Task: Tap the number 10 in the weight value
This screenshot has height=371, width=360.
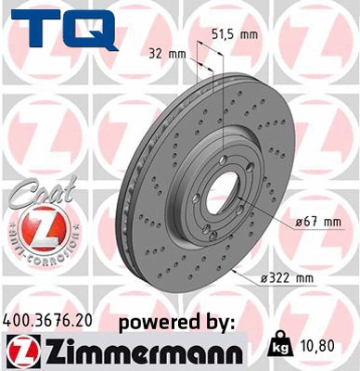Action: pos(310,346)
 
